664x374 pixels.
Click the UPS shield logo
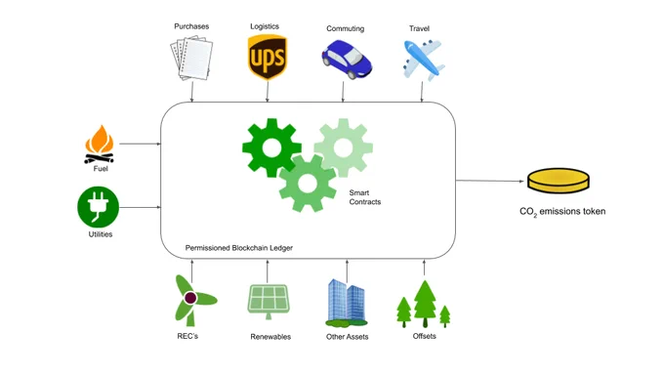pos(268,58)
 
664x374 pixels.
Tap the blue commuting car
pos(347,60)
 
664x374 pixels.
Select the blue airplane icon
pos(423,60)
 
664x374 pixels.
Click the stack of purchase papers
pos(191,58)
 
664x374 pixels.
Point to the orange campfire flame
pos(100,140)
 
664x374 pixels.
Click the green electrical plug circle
pos(99,207)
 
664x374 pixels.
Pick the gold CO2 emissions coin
pos(559,181)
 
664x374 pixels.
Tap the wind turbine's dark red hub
pos(190,298)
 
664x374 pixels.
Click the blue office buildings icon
pos(347,303)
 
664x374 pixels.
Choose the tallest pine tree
pos(425,304)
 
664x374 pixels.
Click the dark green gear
pos(271,147)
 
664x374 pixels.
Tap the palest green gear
pos(344,147)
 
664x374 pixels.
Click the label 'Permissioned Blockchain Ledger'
pos(239,248)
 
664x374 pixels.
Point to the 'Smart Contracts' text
pos(364,197)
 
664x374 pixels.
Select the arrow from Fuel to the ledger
pos(141,144)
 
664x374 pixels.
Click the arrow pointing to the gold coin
pos(490,181)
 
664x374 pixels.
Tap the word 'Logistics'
pos(265,26)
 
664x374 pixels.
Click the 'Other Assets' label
pos(348,337)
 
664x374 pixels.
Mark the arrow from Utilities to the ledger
pos(141,207)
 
